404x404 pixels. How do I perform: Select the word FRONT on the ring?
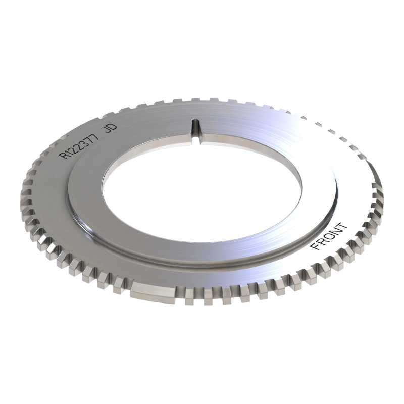(329, 236)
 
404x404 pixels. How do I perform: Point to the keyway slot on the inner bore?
(196, 130)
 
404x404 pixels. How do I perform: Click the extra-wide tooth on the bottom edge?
(153, 292)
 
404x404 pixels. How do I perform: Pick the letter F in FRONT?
(316, 245)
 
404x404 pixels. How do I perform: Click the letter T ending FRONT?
(342, 227)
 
